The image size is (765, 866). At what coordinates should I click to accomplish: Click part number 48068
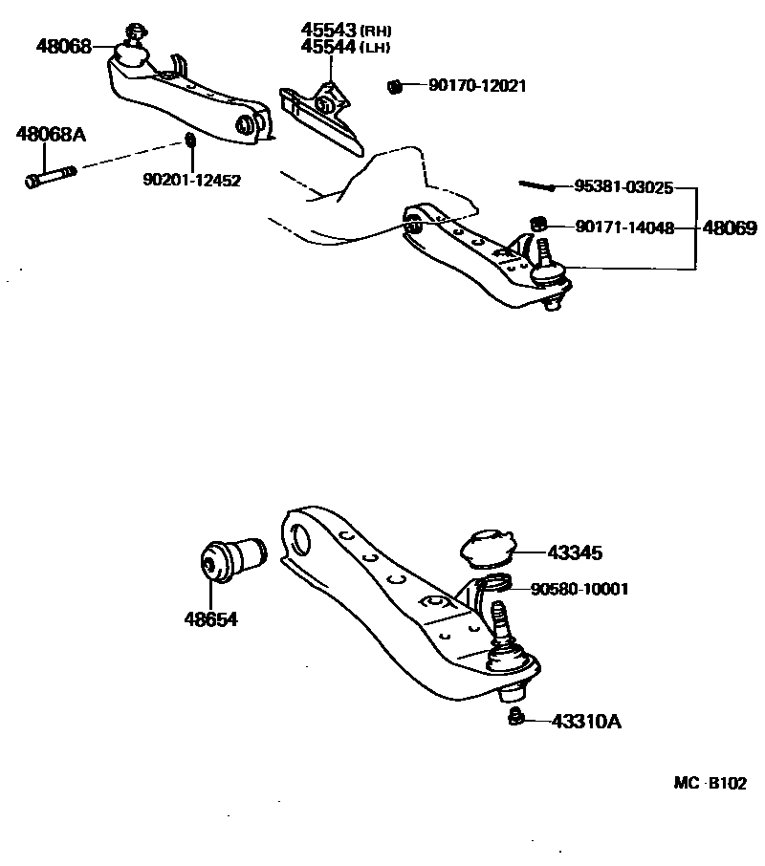pos(64,44)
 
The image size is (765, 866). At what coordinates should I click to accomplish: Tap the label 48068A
pos(51,134)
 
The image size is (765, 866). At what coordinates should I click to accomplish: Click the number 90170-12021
pos(477,86)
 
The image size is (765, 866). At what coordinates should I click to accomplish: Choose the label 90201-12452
pos(192,179)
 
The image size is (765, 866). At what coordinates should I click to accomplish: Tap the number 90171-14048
pos(624,227)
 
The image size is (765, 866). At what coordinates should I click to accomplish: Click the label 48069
pos(730,228)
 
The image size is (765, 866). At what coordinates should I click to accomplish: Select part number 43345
pos(576,552)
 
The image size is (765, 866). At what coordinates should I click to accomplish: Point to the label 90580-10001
pos(581,589)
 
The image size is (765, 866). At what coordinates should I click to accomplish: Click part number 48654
pos(210,618)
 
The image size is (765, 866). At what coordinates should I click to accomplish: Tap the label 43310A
pos(585,722)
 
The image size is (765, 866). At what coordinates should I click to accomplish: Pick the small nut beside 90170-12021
pos(393,87)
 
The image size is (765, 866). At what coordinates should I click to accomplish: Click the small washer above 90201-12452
pos(190,142)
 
